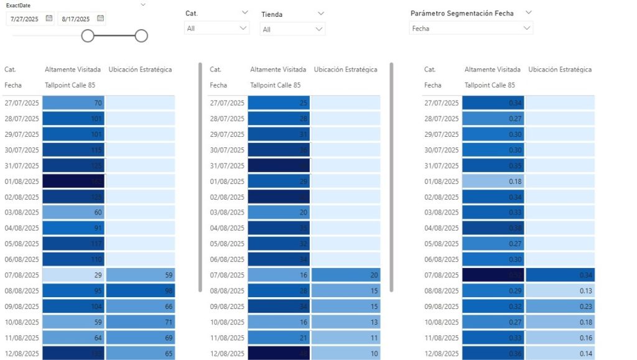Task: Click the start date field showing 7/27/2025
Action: (x=26, y=19)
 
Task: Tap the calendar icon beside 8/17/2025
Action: (x=101, y=19)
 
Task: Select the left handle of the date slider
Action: (x=88, y=36)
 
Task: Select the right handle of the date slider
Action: (x=141, y=36)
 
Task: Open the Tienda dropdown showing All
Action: (x=292, y=29)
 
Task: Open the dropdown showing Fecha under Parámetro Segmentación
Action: (x=472, y=29)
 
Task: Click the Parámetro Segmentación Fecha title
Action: (x=462, y=13)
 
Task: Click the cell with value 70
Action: (x=73, y=103)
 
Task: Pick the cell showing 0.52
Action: (x=493, y=275)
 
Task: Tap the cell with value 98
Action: (x=141, y=290)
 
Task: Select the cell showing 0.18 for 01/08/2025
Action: (x=493, y=182)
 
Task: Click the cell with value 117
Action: (x=73, y=244)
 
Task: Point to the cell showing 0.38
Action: (x=493, y=228)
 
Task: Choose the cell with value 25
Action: (x=279, y=103)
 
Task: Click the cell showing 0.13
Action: (x=560, y=290)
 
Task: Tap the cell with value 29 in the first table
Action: (x=73, y=275)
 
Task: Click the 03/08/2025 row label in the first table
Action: (x=22, y=213)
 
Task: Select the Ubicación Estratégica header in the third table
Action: (x=560, y=70)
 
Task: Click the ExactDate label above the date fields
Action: (x=19, y=6)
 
